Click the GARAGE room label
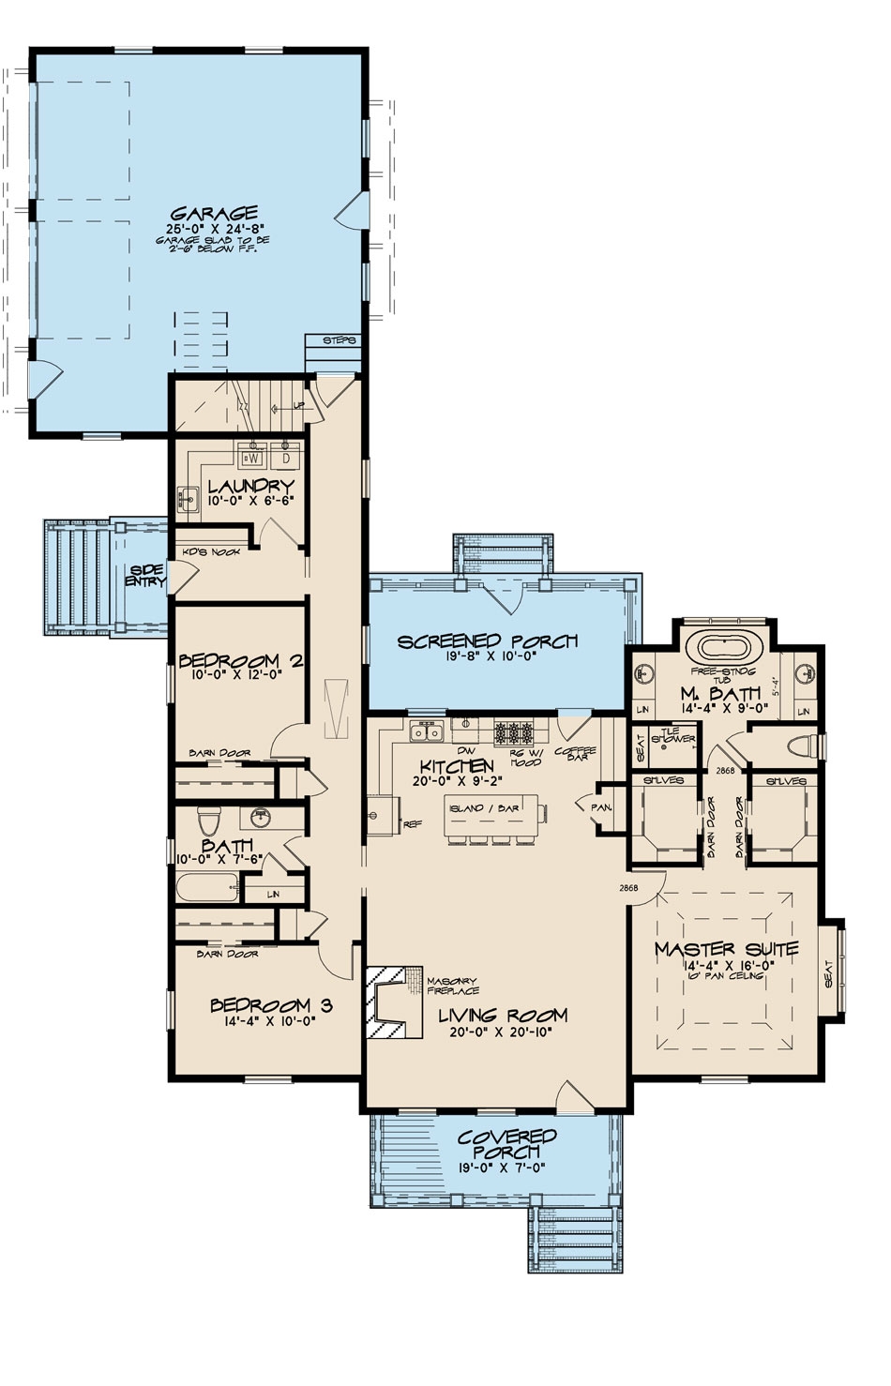pos(214,213)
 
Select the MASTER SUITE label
pos(726,949)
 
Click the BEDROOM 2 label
pos(240,661)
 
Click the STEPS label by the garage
pos(339,340)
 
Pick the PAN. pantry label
pos(600,806)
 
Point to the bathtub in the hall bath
pos(206,887)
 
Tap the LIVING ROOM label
pos(503,1015)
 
